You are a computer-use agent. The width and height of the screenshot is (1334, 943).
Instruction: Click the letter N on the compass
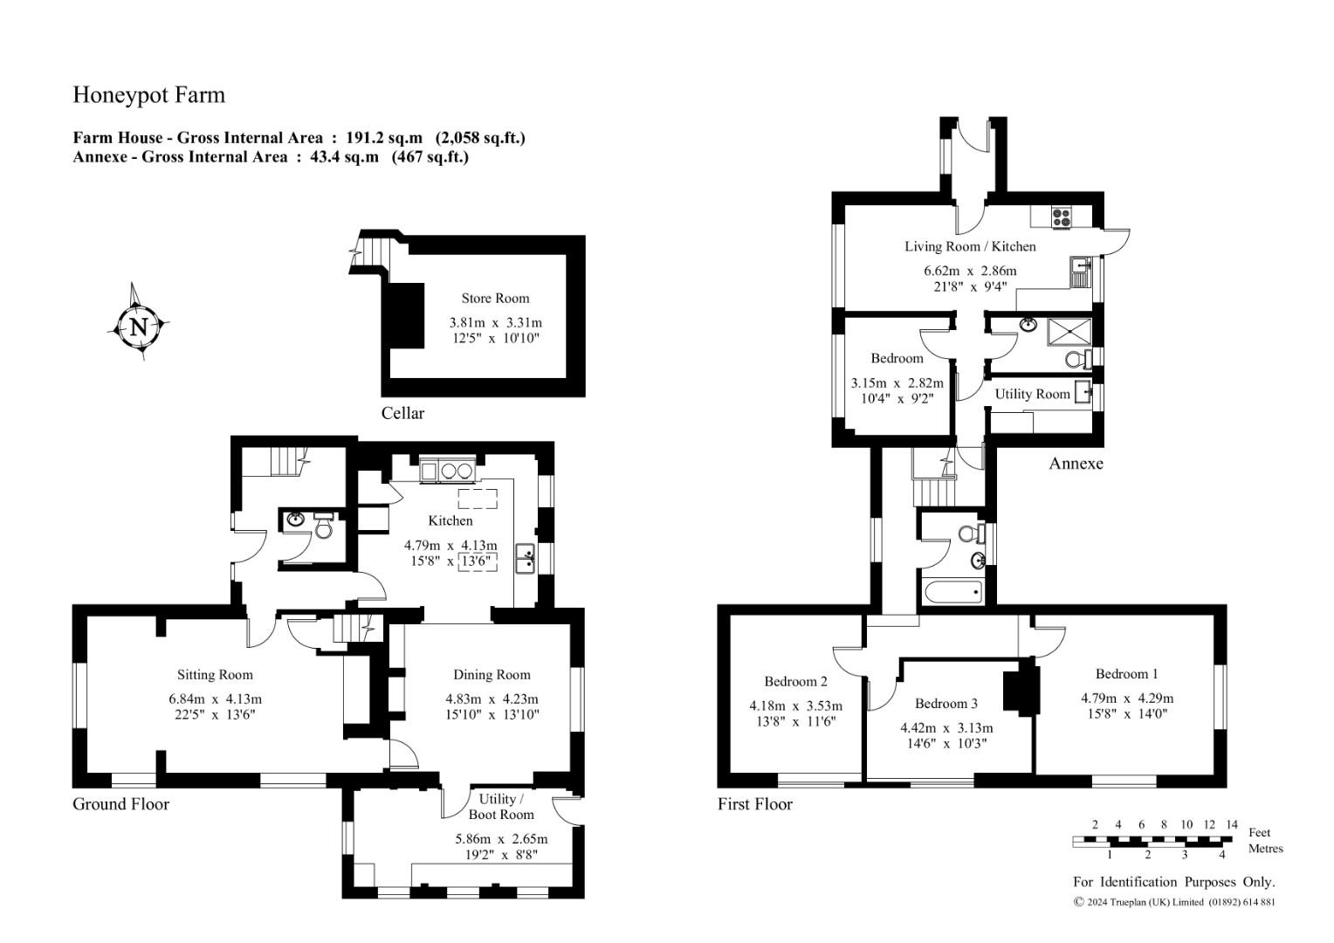[x=139, y=327]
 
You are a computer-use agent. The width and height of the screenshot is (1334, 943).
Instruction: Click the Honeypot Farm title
[x=149, y=95]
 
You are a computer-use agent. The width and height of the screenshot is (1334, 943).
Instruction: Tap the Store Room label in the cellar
[x=495, y=298]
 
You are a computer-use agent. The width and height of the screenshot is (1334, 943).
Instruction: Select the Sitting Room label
[x=215, y=674]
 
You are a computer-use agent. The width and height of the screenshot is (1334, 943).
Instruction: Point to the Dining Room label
[x=492, y=674]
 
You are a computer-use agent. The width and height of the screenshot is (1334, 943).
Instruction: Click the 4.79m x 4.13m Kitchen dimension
[x=450, y=545]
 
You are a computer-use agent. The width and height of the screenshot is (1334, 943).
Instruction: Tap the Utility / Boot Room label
[x=501, y=807]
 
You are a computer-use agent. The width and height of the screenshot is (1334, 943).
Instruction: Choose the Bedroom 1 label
[x=1127, y=674]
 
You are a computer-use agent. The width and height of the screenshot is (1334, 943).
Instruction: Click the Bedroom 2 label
[x=795, y=681]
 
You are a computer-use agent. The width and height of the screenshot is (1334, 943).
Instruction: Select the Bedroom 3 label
[x=946, y=704]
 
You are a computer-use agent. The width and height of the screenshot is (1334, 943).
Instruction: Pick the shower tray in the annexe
[x=1069, y=332]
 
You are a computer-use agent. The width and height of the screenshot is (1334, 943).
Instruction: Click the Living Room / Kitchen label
[x=970, y=246]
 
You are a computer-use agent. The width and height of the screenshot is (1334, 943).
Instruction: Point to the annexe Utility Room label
[x=1033, y=394]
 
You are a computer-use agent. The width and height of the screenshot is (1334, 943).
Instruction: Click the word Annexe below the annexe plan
[x=1076, y=464]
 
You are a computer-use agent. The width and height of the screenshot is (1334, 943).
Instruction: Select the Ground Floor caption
[x=120, y=804]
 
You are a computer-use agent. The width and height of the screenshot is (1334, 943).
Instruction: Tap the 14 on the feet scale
[x=1232, y=825]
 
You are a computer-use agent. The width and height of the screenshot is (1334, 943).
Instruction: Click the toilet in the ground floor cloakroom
[x=323, y=526]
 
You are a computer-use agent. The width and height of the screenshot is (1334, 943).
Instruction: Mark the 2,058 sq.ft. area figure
[x=480, y=138]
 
